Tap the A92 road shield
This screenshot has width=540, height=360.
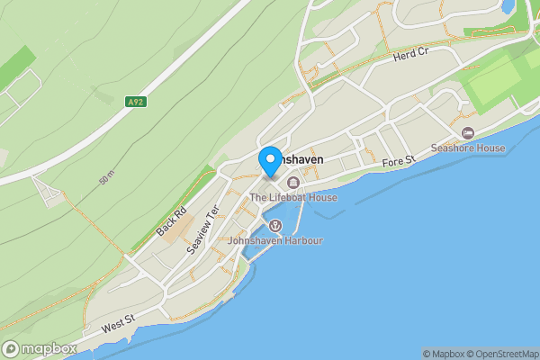point(136,103)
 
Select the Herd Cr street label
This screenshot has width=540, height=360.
point(410,56)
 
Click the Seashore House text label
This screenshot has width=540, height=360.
point(468,148)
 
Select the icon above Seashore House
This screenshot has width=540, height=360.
point(468,133)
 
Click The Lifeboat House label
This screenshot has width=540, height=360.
point(293,198)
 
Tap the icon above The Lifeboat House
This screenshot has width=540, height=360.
point(293,184)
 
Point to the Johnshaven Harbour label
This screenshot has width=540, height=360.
point(275,241)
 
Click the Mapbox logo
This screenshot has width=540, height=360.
point(40,348)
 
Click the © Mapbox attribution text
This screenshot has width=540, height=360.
point(445,354)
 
